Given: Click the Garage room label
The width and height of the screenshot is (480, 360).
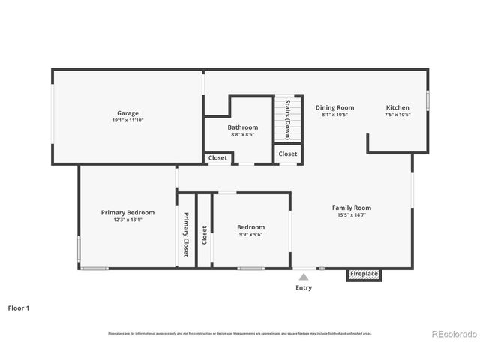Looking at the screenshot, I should tap(127, 113).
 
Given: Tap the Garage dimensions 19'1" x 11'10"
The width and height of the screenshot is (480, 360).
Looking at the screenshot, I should tap(127, 121).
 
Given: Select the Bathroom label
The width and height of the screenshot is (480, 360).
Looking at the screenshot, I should tap(243, 127).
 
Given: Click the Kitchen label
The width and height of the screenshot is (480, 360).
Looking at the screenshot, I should tap(397, 107).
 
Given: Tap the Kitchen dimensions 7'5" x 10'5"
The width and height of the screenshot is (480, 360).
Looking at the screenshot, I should tap(397, 115).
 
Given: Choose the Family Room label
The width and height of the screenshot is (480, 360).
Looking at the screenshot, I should tap(352, 208).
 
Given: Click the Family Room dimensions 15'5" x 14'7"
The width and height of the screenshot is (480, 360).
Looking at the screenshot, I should tap(352, 215).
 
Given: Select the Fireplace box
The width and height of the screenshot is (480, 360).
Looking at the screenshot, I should tap(364, 274).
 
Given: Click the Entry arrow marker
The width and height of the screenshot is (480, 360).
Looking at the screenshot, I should tap(304, 276).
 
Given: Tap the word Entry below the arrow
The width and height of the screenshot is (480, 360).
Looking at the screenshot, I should tap(304, 287).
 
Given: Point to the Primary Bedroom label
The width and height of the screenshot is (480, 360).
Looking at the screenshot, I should tap(127, 212).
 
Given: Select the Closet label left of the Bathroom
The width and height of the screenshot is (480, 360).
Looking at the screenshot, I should tap(217, 158).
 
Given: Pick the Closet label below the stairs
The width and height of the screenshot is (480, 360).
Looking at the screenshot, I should tap(288, 154).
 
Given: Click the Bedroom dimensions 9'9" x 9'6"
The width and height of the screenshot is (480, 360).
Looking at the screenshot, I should tap(250, 234).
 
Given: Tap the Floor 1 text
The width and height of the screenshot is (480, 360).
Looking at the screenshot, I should tap(19, 307).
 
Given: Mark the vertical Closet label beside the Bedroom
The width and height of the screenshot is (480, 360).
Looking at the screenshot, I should tap(204, 235).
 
